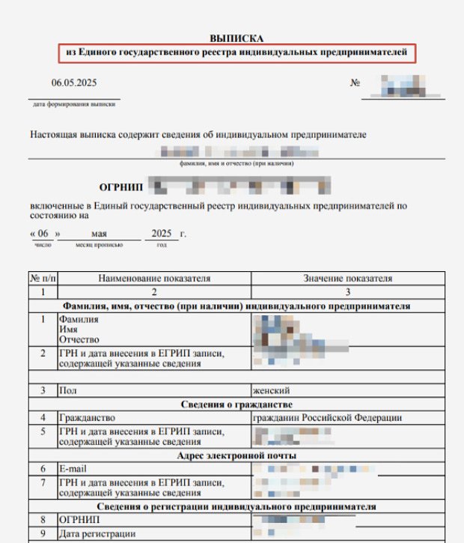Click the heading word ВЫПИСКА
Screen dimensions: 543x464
236,38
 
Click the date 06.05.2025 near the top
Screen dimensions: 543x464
73,82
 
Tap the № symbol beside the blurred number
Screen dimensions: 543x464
355,82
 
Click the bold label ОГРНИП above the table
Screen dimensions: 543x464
120,186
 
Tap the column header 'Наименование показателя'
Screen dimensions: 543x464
155,279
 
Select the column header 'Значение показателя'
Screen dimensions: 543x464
347,279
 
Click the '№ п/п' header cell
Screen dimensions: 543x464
43,279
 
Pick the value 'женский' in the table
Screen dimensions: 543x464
272,390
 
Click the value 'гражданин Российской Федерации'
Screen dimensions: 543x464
328,417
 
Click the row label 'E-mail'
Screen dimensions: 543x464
73,467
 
